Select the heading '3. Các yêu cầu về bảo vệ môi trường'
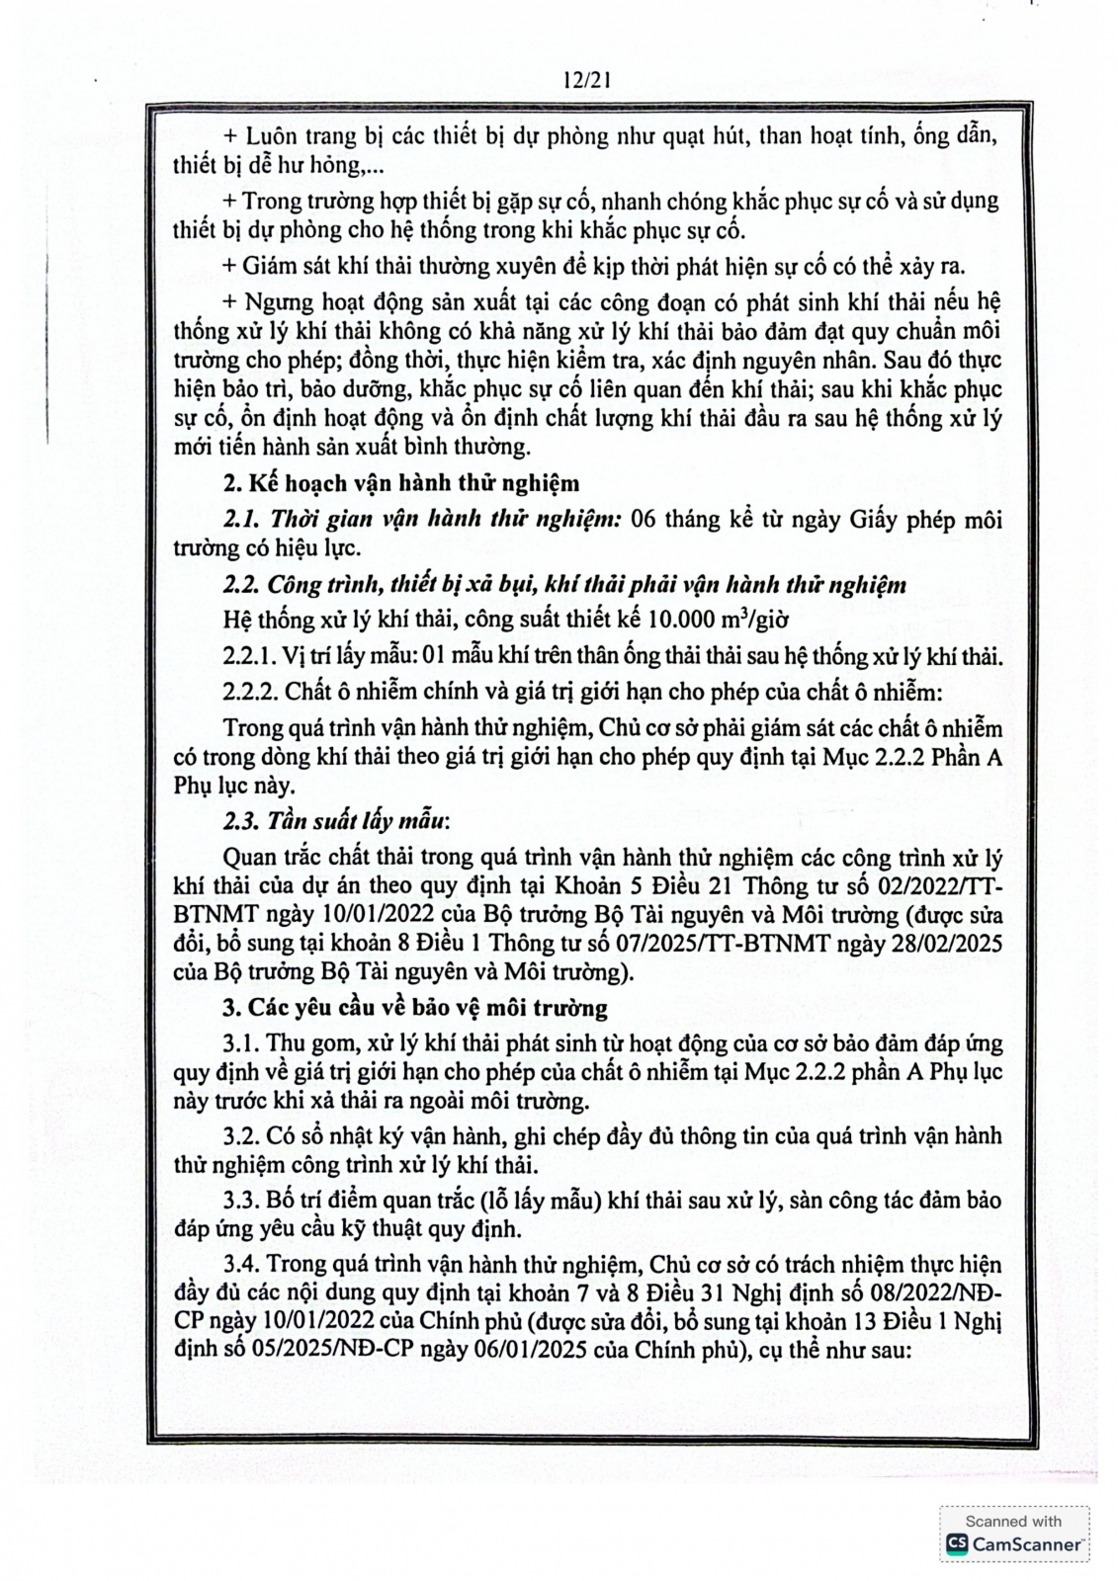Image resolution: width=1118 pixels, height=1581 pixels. coord(414,1008)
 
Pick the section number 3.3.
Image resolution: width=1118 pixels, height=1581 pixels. coord(243,1200)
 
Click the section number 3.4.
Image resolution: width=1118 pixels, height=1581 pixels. coord(243,1265)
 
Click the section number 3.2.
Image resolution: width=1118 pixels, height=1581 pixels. coord(243,1136)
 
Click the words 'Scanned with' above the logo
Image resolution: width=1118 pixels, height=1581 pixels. coord(1013,1521)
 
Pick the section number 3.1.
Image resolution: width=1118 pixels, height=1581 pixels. coord(243,1042)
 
